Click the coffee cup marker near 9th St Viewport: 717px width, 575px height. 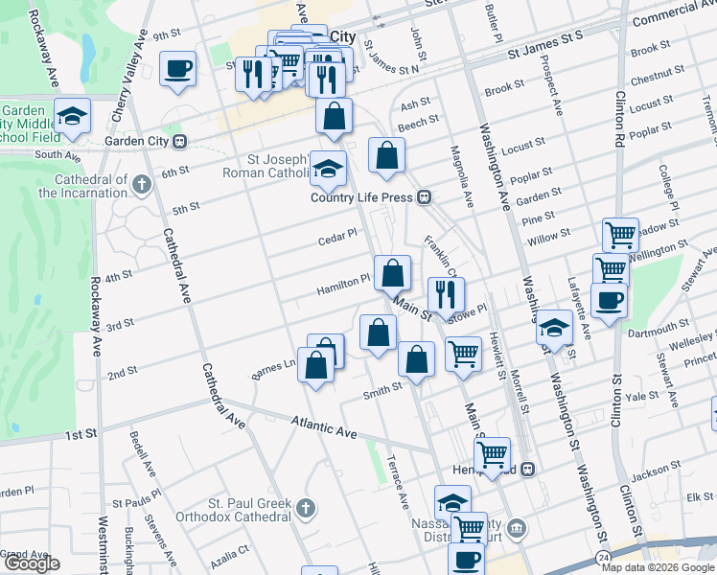(x=177, y=69)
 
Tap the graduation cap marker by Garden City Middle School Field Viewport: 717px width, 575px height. (x=72, y=116)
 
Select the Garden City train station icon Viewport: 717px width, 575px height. (x=179, y=142)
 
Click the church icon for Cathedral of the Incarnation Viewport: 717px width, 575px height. (x=142, y=183)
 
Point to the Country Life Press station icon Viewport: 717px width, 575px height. (x=423, y=197)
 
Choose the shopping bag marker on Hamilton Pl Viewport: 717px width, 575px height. (x=392, y=274)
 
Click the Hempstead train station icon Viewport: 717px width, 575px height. (x=527, y=470)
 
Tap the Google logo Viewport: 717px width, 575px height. (x=31, y=563)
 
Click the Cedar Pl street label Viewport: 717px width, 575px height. (x=337, y=234)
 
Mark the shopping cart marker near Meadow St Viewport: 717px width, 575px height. (x=620, y=235)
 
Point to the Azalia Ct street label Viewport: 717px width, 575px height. (x=230, y=552)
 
